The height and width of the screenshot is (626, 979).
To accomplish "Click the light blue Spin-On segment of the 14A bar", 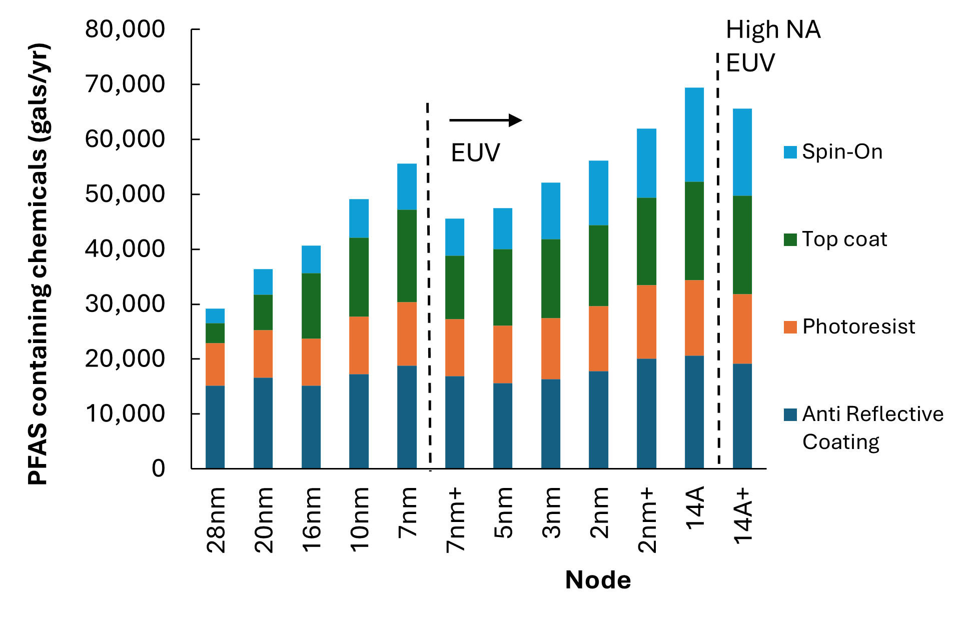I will point(694,134).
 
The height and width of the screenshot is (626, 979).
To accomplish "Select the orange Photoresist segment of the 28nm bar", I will point(215,364).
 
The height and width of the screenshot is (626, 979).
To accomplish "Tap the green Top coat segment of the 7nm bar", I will point(407,255).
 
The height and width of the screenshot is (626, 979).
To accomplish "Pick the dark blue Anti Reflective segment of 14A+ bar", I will point(742,415).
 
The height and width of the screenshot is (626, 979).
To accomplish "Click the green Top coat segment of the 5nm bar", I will point(502,287).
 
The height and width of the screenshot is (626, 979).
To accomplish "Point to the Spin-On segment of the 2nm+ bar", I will point(646,163).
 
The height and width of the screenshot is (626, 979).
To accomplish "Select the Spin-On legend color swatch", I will point(790,152).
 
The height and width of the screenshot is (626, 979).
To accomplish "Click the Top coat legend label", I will point(844,239).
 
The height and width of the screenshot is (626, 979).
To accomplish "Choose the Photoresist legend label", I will point(858,326).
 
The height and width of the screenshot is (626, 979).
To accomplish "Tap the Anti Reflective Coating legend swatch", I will point(790,414).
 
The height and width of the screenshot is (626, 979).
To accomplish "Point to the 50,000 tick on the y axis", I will point(125,194).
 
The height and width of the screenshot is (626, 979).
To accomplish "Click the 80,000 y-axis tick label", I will point(125,29).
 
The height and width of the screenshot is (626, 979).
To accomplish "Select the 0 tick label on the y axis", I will point(158,468).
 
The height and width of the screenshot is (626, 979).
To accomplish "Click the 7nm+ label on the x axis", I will point(456,520).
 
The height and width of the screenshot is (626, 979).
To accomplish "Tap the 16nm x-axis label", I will point(312,520).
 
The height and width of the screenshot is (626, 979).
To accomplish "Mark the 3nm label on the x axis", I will point(551,512).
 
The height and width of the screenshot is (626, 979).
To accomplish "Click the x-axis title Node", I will point(598,580).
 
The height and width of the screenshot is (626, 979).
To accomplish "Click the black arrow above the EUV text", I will point(485,120).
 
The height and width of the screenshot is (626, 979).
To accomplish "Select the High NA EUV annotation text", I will point(772,46).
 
